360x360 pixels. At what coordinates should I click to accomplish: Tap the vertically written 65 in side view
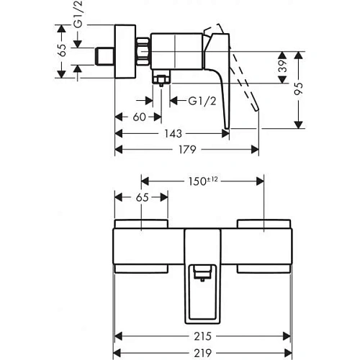tap(63, 50)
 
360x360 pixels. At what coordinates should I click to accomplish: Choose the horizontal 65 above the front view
tap(143, 197)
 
